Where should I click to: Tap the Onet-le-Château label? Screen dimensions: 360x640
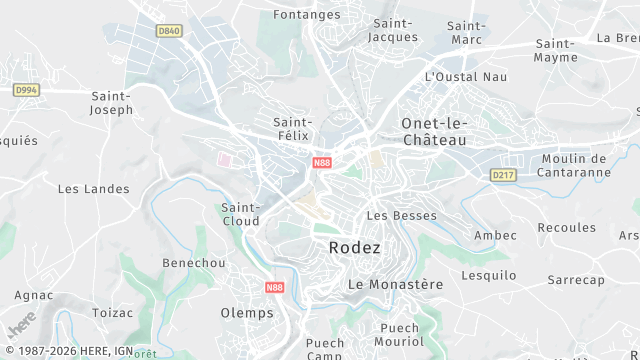(434, 131)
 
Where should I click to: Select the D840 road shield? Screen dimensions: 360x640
(169, 31)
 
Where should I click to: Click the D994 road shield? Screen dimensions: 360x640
(26, 90)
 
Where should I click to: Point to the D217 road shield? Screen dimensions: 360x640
(502, 175)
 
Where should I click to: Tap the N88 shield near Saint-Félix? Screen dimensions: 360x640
(321, 162)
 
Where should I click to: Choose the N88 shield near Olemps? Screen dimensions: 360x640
(276, 287)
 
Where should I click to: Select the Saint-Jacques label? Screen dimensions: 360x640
(393, 30)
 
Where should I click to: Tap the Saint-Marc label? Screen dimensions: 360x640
(466, 33)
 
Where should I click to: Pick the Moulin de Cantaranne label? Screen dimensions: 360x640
(575, 166)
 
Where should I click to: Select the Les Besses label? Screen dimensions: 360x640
(388, 215)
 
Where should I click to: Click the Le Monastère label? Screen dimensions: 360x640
(395, 284)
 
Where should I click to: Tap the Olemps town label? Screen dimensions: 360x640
(246, 313)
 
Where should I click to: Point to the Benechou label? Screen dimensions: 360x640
(193, 263)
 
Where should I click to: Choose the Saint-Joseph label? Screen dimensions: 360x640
(112, 103)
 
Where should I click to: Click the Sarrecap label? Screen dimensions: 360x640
(575, 281)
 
